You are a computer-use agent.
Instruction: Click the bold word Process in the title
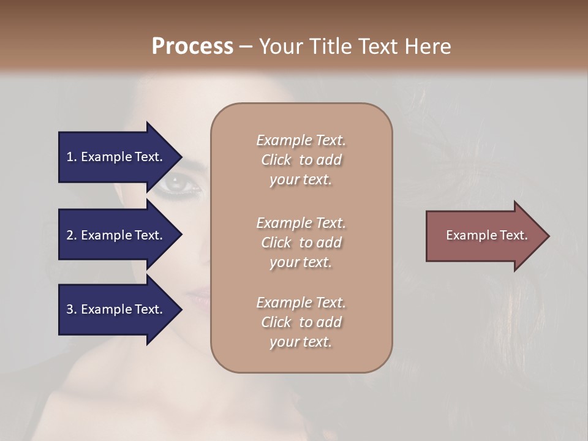click(192, 47)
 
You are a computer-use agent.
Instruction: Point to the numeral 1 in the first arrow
click(70, 157)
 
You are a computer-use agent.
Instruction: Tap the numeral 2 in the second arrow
click(70, 235)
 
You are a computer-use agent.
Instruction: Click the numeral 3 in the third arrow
click(70, 309)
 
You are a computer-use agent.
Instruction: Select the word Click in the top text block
click(276, 160)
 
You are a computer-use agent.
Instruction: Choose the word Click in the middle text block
click(276, 243)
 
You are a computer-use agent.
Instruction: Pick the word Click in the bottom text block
click(276, 322)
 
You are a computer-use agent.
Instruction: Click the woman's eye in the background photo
click(176, 182)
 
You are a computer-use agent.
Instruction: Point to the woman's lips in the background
click(197, 298)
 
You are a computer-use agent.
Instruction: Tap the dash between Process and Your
click(246, 47)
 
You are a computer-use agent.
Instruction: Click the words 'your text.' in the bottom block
click(301, 342)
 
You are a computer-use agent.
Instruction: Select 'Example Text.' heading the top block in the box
click(301, 140)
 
